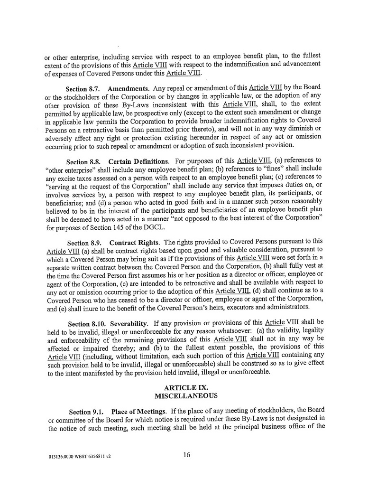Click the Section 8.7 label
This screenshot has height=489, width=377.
pyautogui.click(x=83, y=89)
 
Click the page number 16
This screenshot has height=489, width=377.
pyautogui.click(x=186, y=455)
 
